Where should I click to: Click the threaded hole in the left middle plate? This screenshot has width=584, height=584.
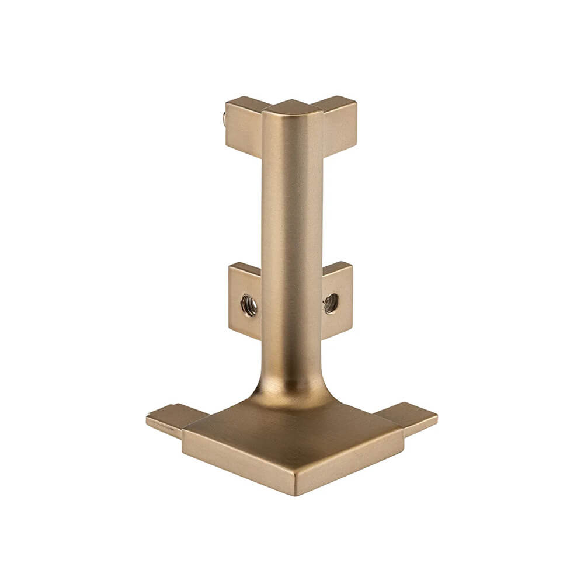tap(249, 305)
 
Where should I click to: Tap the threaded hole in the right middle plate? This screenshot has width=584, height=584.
tap(331, 303)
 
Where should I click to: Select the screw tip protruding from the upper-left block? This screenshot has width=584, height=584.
tap(225, 120)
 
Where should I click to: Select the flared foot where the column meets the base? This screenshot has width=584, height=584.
tap(292, 388)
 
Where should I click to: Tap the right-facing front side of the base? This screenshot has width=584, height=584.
tap(350, 461)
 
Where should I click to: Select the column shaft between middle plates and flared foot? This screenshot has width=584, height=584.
tap(292, 350)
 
